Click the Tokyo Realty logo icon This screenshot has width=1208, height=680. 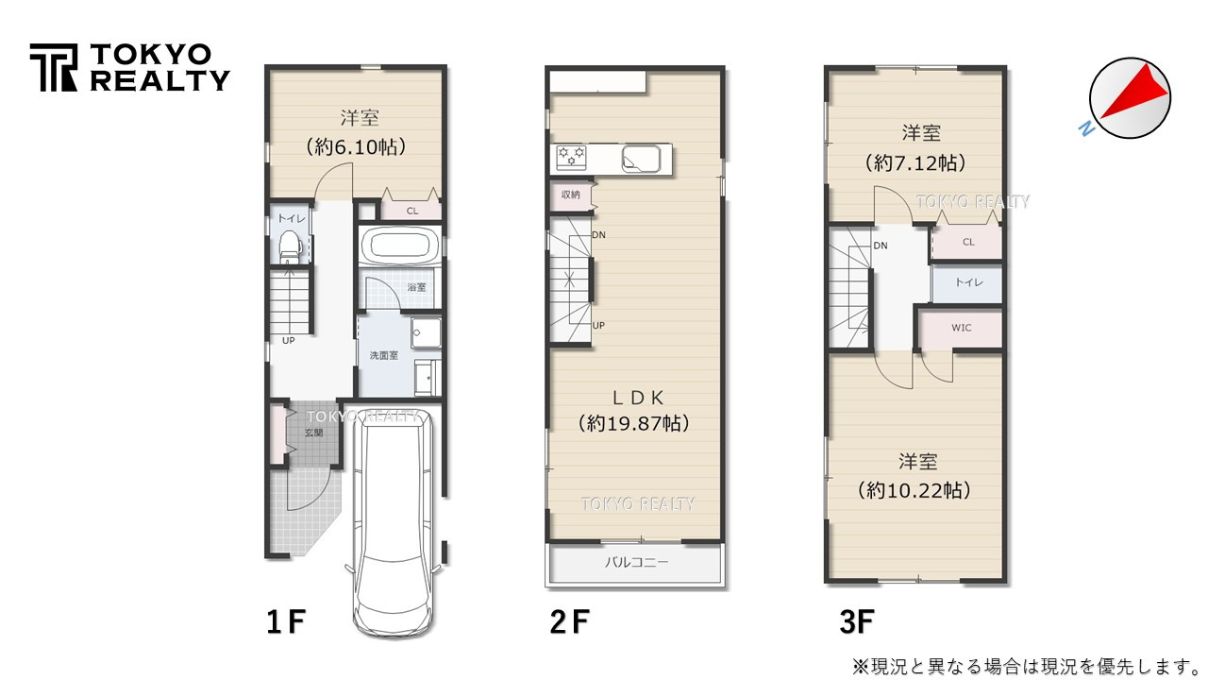coord(54,68)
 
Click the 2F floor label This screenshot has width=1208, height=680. coord(569,622)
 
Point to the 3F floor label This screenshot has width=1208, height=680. coord(856,622)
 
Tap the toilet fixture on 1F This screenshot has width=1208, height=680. coord(290,247)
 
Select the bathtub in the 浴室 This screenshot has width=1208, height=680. coord(399,247)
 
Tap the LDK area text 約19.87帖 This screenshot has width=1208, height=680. coord(633,424)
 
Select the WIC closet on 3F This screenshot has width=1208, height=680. coord(961,328)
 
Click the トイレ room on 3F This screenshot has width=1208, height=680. coord(966,282)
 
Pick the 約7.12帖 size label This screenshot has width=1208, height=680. coord(914,163)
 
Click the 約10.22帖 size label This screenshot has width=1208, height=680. coord(914,491)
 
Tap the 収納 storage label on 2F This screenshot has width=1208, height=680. coord(570,195)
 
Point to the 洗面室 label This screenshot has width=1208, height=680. coord(382,354)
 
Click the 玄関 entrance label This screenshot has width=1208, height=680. coord(313,433)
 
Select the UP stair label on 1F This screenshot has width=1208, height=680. coord(288,340)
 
